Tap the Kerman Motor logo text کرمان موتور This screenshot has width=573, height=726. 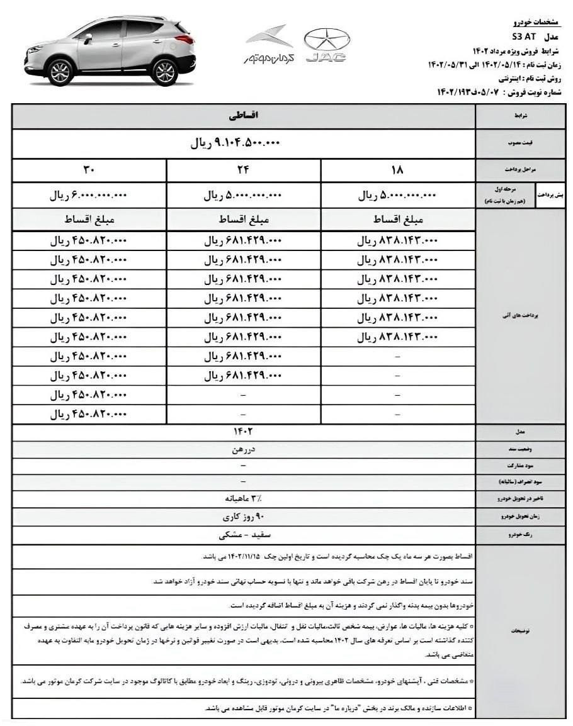[269, 58]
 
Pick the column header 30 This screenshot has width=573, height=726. [89, 170]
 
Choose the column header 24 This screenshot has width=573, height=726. [244, 170]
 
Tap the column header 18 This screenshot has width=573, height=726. [398, 170]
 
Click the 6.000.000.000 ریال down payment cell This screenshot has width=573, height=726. [89, 196]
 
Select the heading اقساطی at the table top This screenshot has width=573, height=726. [244, 116]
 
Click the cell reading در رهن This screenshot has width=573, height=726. [244, 450]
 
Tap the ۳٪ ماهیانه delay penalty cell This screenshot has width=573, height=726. [244, 499]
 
